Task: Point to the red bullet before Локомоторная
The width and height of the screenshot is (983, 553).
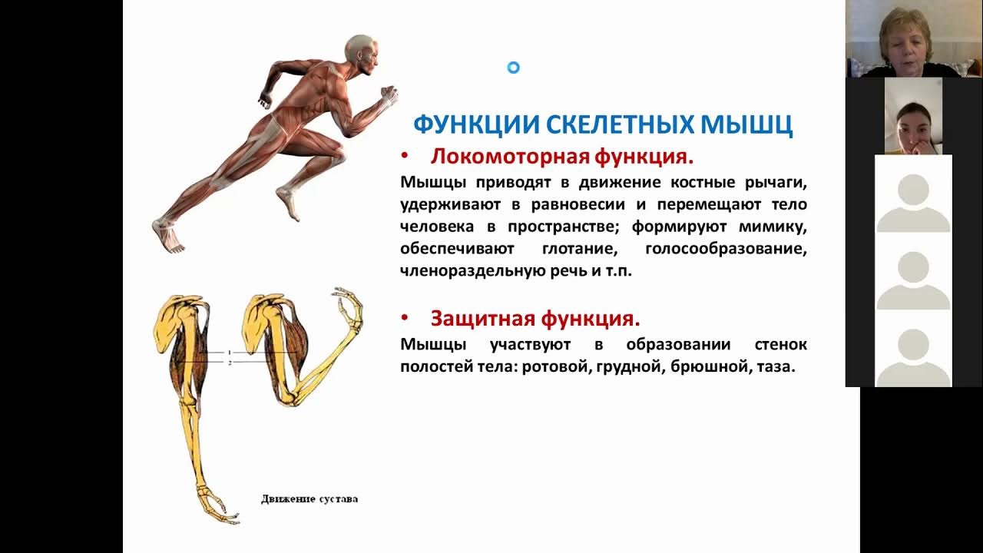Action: tap(405, 157)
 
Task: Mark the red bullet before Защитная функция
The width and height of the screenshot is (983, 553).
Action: tap(405, 318)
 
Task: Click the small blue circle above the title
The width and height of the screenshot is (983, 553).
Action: tap(514, 68)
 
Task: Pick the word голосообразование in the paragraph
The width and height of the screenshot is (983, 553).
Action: tap(726, 249)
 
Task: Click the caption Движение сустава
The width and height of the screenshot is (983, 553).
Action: tap(309, 499)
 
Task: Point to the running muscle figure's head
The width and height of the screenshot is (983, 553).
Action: tap(360, 52)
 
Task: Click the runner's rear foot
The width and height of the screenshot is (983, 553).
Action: tap(169, 235)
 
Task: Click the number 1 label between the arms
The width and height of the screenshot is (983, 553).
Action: tap(228, 353)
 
